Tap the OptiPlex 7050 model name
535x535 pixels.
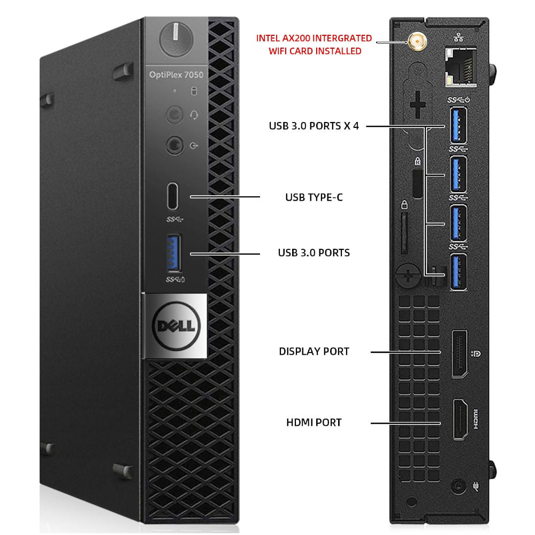click(x=176, y=75)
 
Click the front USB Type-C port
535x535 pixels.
click(x=172, y=196)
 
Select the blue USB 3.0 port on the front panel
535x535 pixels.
click(x=174, y=253)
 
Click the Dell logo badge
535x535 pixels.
click(x=176, y=326)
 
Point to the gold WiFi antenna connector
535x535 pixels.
click(x=417, y=42)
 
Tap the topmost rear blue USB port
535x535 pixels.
click(x=458, y=125)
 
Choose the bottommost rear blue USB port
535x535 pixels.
click(x=458, y=273)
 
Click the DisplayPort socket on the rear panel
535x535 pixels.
click(x=459, y=354)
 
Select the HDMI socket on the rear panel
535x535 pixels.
click(x=460, y=419)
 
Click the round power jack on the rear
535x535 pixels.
click(x=458, y=486)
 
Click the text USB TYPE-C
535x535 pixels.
click(x=314, y=197)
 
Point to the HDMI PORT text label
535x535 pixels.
click(x=314, y=423)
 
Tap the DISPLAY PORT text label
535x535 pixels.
click(x=314, y=351)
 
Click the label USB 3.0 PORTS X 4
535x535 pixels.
click(x=314, y=126)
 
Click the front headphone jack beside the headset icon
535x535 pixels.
click(x=174, y=114)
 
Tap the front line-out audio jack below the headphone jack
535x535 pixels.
click(x=174, y=146)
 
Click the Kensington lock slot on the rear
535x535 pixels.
click(x=418, y=184)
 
